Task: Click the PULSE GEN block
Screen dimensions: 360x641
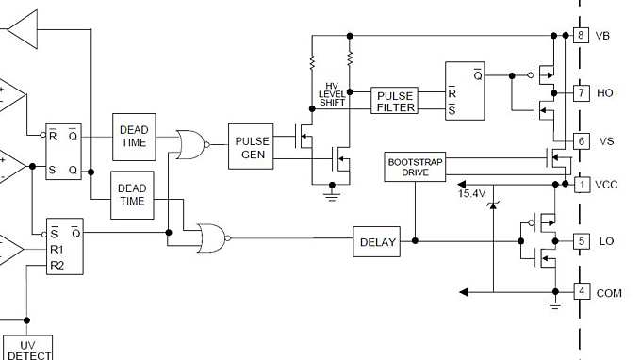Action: (x=252, y=146)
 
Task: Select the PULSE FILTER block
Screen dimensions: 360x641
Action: (x=395, y=102)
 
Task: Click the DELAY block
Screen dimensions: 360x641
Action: (x=376, y=241)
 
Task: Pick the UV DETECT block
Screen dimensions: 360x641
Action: (x=26, y=348)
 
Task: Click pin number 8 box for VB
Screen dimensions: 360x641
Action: (x=582, y=35)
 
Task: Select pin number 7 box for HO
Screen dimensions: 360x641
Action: (x=582, y=92)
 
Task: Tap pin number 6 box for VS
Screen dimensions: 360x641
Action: (x=582, y=140)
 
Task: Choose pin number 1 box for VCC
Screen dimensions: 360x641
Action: (x=582, y=184)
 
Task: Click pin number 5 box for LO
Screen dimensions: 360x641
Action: (x=582, y=241)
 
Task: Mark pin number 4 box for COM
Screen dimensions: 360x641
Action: (x=582, y=291)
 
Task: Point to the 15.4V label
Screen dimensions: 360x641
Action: (x=472, y=193)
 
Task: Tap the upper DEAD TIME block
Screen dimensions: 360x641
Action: (x=132, y=136)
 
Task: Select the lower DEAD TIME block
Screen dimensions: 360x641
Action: (x=132, y=194)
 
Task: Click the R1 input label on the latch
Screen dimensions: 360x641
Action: (x=58, y=250)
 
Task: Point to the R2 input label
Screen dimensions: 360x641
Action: (x=58, y=266)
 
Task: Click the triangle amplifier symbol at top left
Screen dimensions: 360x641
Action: (x=25, y=30)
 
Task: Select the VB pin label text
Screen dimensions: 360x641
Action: (x=604, y=36)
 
